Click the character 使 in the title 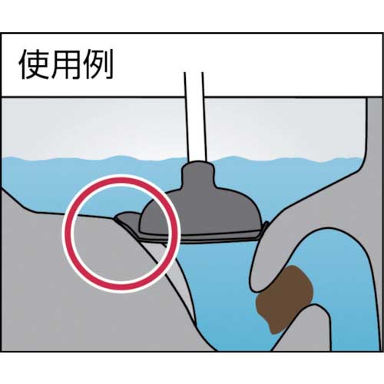34,64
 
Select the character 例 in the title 98,64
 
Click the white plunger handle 195,117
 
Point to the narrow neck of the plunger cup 197,174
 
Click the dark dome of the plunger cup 202,209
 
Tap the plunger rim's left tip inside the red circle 116,217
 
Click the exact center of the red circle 121,233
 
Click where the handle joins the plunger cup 197,162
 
